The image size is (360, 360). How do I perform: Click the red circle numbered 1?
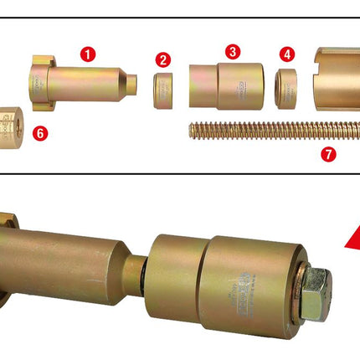pyautogui.click(x=88, y=53)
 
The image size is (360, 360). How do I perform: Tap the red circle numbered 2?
pyautogui.click(x=162, y=59)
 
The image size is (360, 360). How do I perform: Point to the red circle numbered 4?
pyautogui.click(x=288, y=54)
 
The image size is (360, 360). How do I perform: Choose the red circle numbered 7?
pyautogui.click(x=327, y=153)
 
